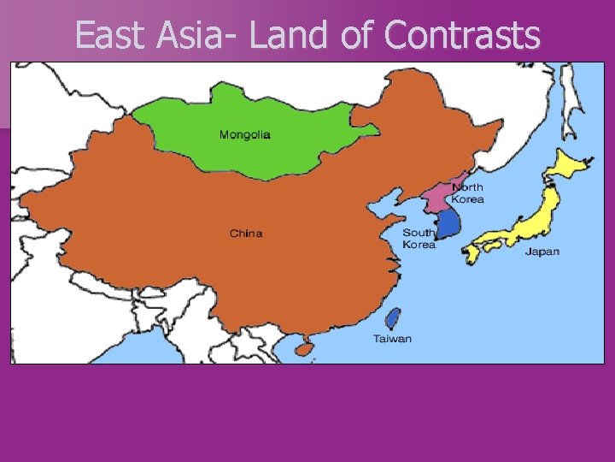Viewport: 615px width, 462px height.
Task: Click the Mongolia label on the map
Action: click(245, 134)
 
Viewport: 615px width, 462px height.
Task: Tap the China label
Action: click(246, 234)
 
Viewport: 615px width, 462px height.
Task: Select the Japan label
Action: click(542, 252)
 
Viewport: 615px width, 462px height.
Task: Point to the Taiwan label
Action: click(392, 338)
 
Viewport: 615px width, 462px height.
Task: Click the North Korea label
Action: click(467, 193)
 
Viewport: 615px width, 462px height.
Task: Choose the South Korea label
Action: click(419, 238)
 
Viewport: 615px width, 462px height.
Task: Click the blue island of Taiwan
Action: click(393, 319)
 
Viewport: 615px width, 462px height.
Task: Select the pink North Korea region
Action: click(441, 198)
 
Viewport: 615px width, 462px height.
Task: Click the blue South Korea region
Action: click(448, 224)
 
